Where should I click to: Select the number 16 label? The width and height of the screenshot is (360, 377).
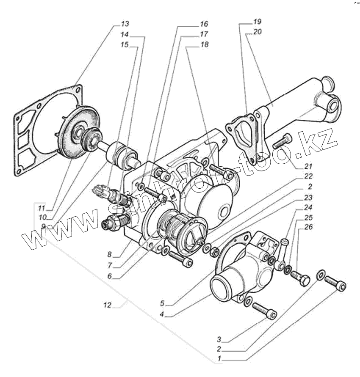[x=204, y=24]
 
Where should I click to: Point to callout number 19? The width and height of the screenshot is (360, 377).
[x=258, y=22]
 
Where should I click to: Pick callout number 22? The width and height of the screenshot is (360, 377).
[x=308, y=176]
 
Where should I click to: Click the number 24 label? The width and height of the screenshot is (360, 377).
[x=308, y=207]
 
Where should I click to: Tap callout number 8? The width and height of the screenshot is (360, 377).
[x=110, y=254]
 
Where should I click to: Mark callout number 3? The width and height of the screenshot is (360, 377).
[x=219, y=339]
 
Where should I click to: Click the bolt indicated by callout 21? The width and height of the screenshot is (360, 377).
[x=283, y=141]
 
